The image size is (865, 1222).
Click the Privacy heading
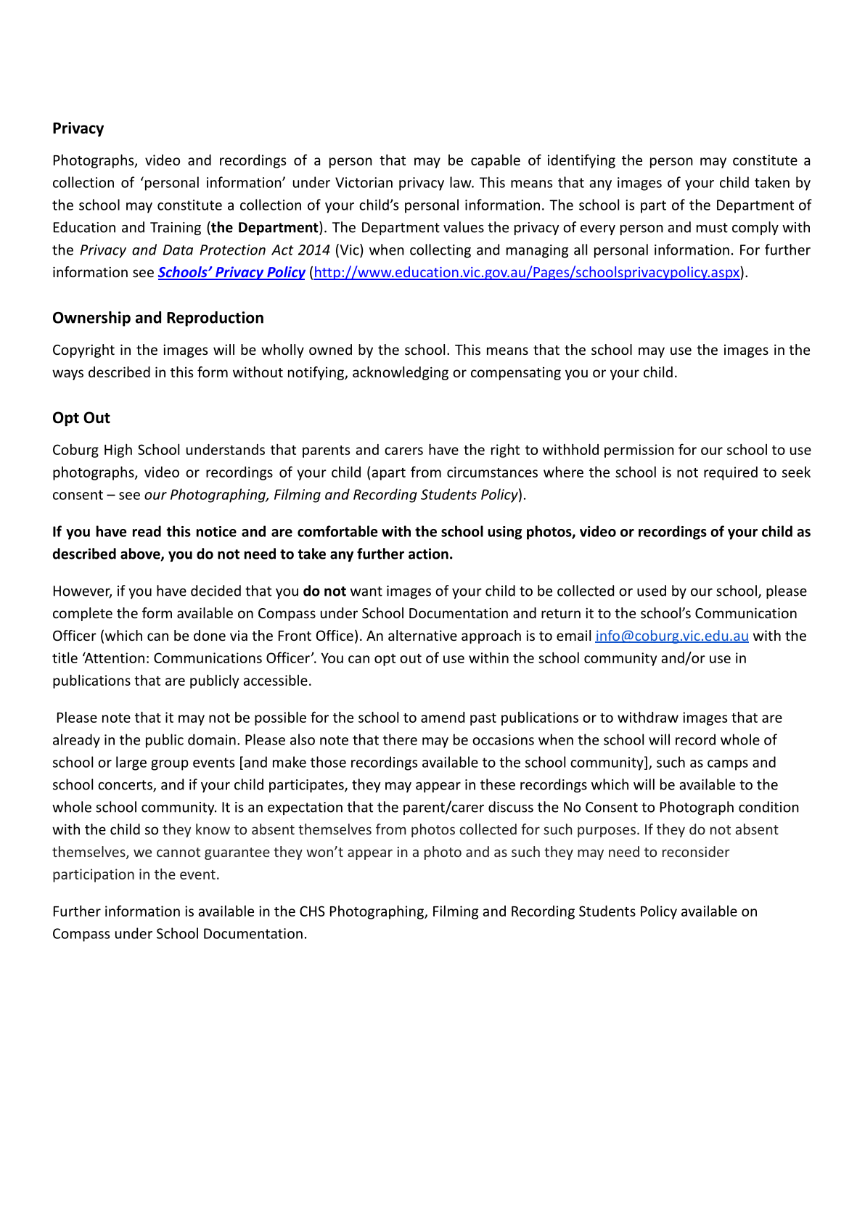tap(78, 128)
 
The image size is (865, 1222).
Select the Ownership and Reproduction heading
tap(157, 318)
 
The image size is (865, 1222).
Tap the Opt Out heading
tap(81, 418)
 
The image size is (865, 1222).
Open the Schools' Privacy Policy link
tap(231, 272)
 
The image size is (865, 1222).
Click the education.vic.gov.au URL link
tap(526, 272)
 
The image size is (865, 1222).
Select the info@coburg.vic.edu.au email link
tap(671, 636)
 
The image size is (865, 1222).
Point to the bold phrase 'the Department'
tap(265, 227)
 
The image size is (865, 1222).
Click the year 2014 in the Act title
tap(314, 250)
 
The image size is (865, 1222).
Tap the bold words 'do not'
tap(324, 591)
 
